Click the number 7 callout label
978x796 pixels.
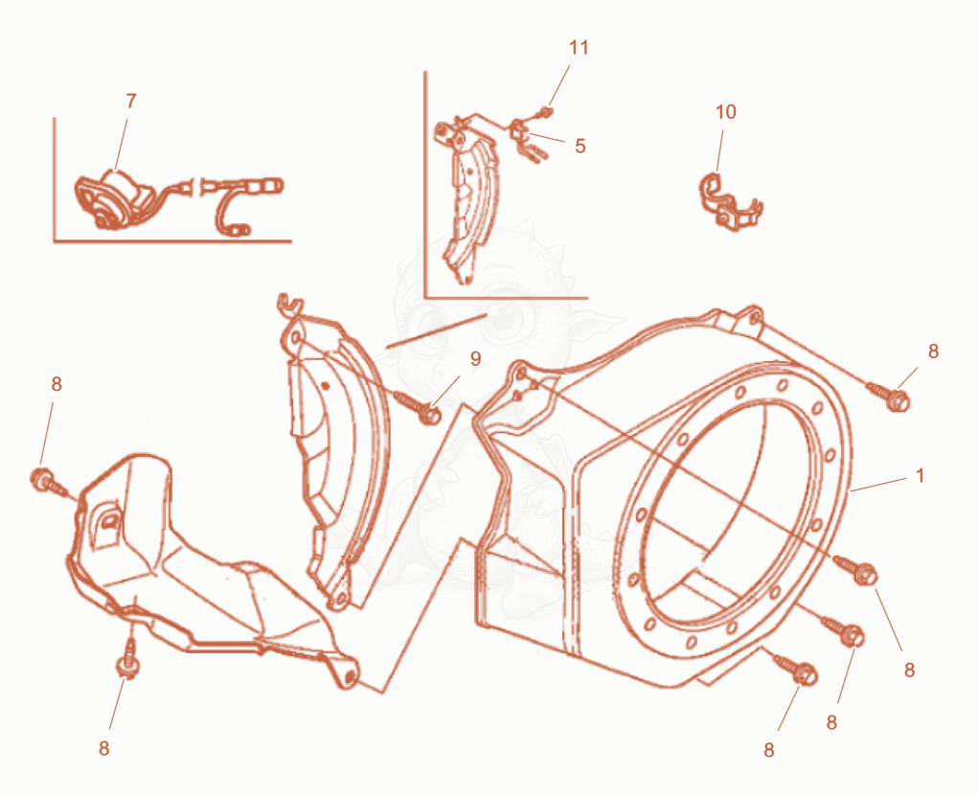[131, 102]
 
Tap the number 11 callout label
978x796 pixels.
[579, 47]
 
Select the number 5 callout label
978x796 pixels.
[580, 146]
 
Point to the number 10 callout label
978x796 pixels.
[725, 112]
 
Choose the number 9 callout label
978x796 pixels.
[476, 358]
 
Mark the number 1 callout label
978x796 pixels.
[920, 475]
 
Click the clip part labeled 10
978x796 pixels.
[729, 201]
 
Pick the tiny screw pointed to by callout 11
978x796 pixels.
[544, 112]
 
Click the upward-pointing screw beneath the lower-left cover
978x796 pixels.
[127, 658]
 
